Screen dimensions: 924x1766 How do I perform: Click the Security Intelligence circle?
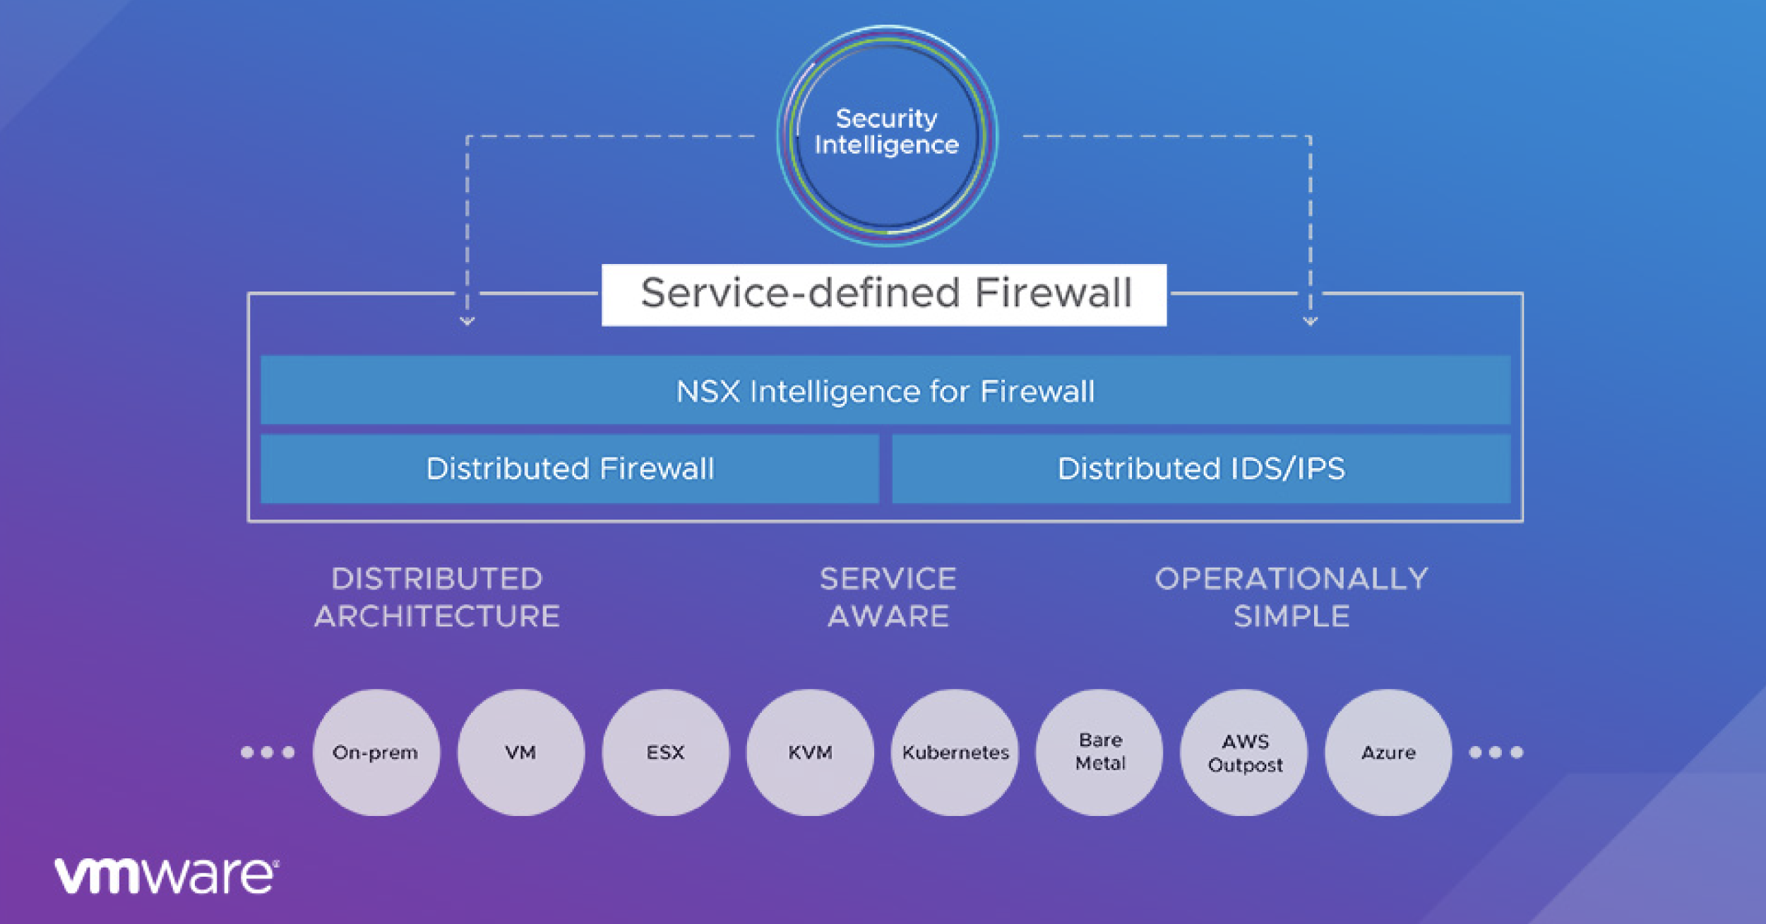click(887, 134)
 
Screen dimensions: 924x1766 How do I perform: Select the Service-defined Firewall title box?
click(884, 294)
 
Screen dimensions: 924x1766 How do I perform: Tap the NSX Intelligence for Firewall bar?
click(885, 390)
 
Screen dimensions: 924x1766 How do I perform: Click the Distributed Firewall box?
click(570, 469)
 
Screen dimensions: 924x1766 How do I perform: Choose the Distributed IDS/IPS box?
click(1201, 469)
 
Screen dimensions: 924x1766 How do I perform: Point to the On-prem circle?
click(376, 752)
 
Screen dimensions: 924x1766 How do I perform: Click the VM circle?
click(520, 752)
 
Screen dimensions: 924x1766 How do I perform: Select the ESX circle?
click(665, 752)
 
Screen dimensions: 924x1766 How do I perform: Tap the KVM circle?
click(810, 752)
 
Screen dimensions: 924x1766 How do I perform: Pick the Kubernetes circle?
click(955, 752)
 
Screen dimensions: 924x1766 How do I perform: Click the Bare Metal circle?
click(1099, 752)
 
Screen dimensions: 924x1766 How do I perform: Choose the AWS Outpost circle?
click(1244, 752)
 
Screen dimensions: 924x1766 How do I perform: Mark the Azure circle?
click(1388, 752)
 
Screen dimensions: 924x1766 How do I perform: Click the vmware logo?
click(167, 875)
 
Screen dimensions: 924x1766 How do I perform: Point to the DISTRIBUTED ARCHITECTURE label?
click(437, 597)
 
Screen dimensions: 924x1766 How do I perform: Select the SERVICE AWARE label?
click(888, 597)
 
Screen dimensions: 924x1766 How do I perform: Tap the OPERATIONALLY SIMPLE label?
click(1291, 597)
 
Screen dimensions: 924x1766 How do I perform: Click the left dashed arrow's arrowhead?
click(467, 321)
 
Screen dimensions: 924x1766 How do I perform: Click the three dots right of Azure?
click(1496, 752)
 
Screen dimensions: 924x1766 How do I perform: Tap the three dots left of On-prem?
click(268, 752)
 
